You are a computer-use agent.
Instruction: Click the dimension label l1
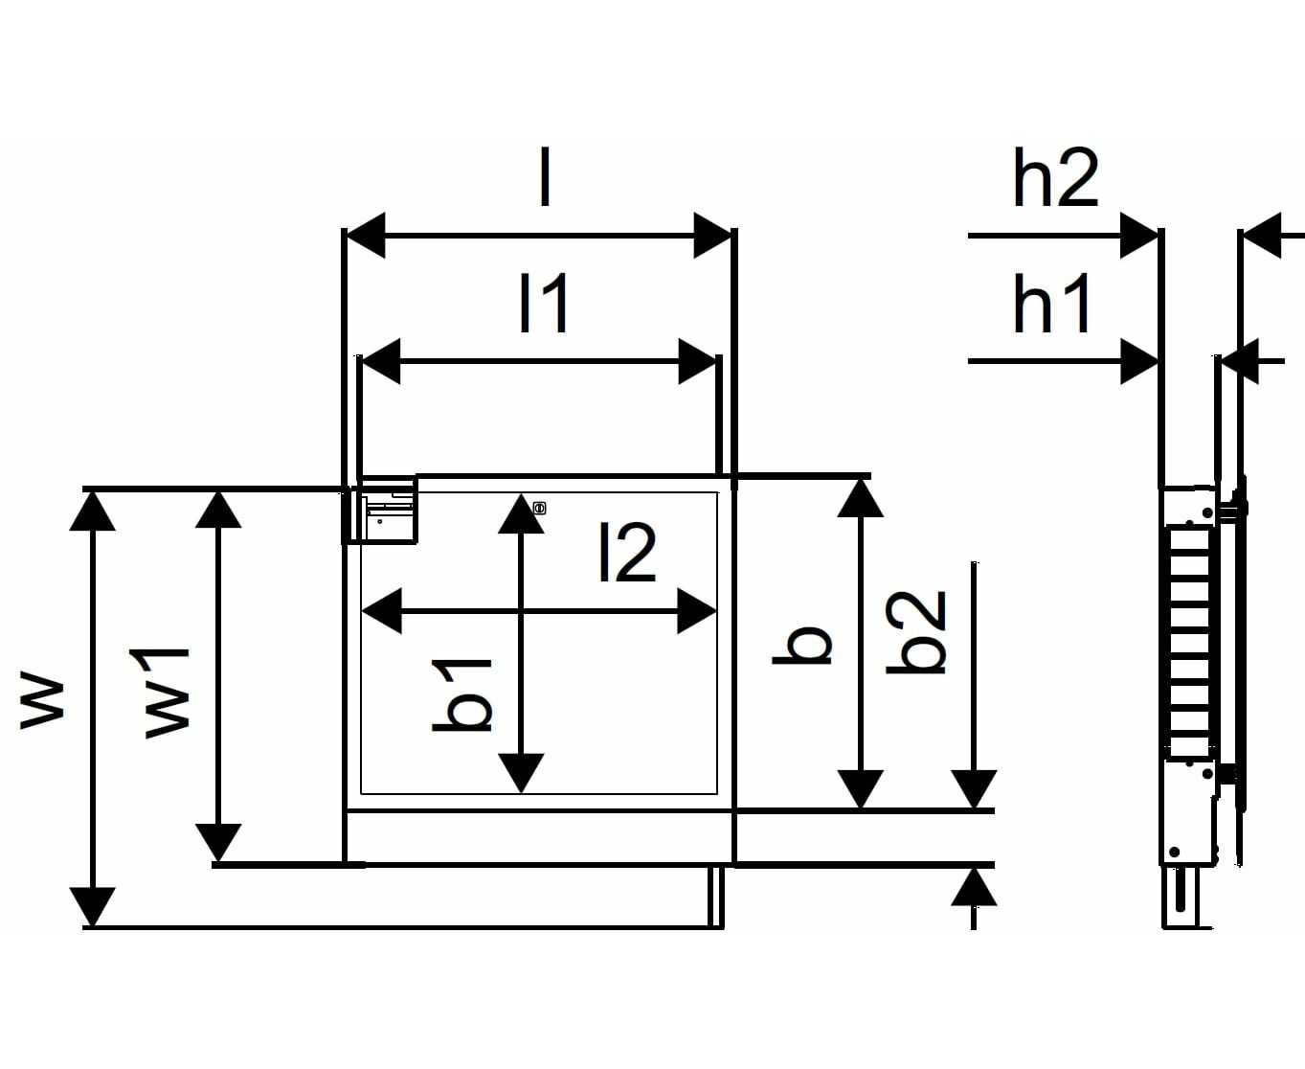(x=544, y=304)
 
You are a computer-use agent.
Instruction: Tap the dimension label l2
(x=627, y=552)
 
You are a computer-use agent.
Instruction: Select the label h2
(x=1056, y=177)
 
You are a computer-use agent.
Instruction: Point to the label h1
(x=1051, y=304)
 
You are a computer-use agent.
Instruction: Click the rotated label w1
(x=168, y=693)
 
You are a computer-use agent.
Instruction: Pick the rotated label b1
(x=462, y=695)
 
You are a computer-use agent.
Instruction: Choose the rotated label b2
(x=915, y=632)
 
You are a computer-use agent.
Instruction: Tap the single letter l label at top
(x=545, y=177)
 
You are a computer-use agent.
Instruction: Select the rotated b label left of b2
(x=802, y=646)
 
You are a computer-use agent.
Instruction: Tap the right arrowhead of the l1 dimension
(x=697, y=361)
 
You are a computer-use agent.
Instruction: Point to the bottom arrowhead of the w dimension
(x=92, y=907)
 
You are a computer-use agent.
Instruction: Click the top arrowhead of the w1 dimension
(x=217, y=509)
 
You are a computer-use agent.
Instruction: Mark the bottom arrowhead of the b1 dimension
(x=521, y=773)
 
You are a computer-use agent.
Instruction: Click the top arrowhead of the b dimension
(x=860, y=498)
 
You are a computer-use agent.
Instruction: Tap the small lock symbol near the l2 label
(x=539, y=509)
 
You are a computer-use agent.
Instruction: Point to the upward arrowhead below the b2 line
(x=974, y=886)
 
